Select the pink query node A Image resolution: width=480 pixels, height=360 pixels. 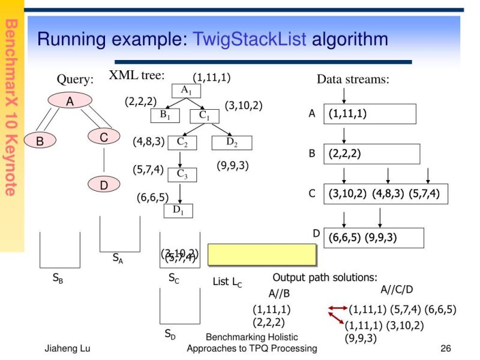point(70,101)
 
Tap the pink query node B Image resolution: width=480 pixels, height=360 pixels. point(40,141)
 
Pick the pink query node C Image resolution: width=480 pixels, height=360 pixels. point(104,137)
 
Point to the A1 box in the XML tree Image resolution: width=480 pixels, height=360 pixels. point(186,91)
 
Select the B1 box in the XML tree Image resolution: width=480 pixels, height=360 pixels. point(164,115)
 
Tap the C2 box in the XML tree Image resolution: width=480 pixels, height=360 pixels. point(182,142)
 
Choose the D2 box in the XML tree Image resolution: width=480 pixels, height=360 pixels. point(232,142)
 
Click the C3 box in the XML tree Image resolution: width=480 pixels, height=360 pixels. point(182,174)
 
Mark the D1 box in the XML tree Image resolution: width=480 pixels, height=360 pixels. point(179,209)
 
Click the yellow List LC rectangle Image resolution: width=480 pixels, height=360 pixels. point(262,254)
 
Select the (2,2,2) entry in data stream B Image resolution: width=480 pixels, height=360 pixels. point(344,154)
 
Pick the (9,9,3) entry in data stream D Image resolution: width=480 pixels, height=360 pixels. point(381,238)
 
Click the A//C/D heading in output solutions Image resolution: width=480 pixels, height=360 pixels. point(397,290)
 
